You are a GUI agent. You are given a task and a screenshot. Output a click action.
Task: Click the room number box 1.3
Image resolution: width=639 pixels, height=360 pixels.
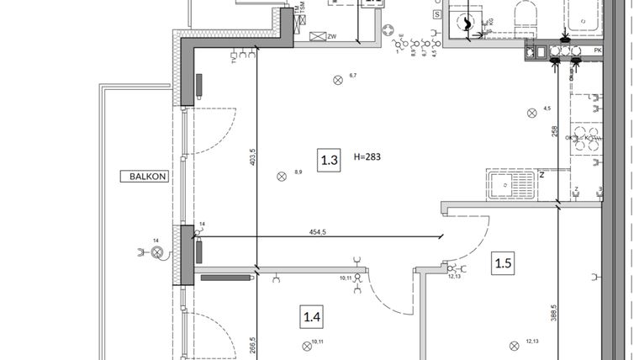coord(330,159)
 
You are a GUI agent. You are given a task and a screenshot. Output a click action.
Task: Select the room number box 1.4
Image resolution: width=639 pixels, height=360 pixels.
coord(312,317)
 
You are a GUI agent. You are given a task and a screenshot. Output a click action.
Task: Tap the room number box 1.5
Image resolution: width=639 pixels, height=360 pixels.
coord(503,263)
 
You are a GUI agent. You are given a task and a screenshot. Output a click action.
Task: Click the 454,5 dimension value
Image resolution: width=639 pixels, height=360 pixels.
coord(319,233)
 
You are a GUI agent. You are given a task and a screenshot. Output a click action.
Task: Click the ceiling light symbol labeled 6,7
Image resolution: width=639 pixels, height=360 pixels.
coord(338,81)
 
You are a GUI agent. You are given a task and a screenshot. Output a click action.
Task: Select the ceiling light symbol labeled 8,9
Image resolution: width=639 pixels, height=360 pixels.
coord(282,176)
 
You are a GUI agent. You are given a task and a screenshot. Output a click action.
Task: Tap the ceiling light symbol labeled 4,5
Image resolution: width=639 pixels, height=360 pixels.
coord(531,113)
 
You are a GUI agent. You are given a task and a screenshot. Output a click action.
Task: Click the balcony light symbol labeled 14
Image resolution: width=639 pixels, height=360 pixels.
coord(156,251)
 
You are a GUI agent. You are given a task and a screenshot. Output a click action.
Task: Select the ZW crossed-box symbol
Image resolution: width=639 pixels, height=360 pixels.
coord(319,37)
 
